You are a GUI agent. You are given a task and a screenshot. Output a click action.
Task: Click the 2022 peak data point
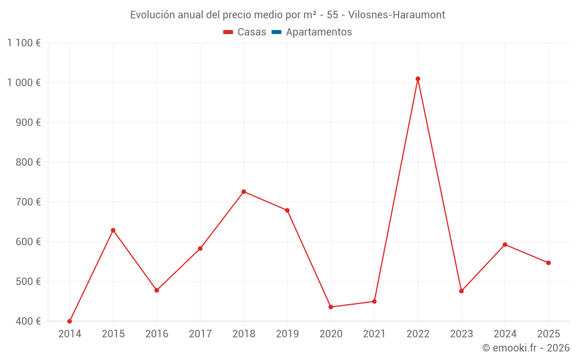[418, 79]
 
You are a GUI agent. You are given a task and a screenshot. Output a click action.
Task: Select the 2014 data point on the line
[70, 321]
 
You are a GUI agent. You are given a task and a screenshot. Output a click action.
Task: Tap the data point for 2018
[244, 192]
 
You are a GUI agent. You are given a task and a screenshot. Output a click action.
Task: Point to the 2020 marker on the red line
[331, 307]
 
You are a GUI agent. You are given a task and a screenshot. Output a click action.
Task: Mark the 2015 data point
[113, 230]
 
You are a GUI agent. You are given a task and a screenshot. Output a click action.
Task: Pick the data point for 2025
[548, 263]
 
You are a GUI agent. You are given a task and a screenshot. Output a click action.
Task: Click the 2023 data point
[461, 291]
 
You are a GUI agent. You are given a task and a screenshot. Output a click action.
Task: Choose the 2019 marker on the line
[287, 210]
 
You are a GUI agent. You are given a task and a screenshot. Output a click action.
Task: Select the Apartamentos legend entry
[319, 32]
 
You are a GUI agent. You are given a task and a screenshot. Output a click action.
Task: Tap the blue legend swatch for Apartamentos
[276, 32]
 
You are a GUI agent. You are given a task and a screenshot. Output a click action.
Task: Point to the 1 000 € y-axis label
[24, 82]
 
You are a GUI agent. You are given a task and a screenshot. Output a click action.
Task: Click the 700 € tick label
[28, 202]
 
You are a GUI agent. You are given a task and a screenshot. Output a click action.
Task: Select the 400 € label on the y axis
[28, 321]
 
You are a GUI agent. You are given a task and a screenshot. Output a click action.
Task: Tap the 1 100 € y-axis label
[24, 43]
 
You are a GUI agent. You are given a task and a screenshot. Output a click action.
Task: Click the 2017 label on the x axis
[200, 334]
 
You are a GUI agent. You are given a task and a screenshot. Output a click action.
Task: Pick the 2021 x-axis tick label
[374, 334]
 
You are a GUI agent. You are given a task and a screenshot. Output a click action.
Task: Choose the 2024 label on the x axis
[505, 334]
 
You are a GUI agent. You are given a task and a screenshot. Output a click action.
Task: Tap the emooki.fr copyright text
[526, 348]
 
